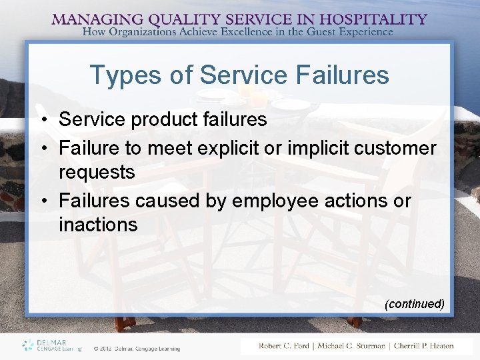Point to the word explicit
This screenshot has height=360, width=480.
coord(225,147)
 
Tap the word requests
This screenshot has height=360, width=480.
coord(97,173)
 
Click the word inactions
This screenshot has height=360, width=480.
coord(98,225)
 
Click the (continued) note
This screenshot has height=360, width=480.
coord(415,304)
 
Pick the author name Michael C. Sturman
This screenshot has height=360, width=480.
coord(351,345)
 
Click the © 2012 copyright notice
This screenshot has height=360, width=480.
coord(137,347)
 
